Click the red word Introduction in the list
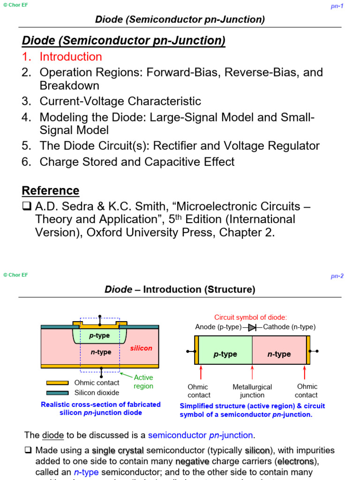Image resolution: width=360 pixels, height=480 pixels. tap(71, 57)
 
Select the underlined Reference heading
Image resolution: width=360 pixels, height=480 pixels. tap(51, 191)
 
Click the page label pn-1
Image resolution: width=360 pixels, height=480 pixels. tap(337, 6)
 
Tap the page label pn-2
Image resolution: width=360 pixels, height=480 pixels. tap(337, 276)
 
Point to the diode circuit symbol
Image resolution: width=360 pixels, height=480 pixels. tap(252, 327)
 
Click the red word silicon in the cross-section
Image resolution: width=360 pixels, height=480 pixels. tap(141, 348)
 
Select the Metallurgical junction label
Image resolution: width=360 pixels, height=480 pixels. tap(252, 391)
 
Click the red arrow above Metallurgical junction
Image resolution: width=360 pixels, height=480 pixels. tap(252, 372)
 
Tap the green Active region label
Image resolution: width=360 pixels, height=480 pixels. tap(143, 382)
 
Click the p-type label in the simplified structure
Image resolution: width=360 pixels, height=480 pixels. tap(225, 354)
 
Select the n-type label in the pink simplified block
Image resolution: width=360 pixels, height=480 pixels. tap(279, 354)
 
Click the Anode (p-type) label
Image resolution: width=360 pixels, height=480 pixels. tap(218, 327)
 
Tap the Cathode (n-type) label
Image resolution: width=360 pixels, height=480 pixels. tap(289, 327)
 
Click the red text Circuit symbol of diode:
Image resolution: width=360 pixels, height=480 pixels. tap(250, 317)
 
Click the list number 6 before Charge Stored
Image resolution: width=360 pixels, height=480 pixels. tap(26, 162)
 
